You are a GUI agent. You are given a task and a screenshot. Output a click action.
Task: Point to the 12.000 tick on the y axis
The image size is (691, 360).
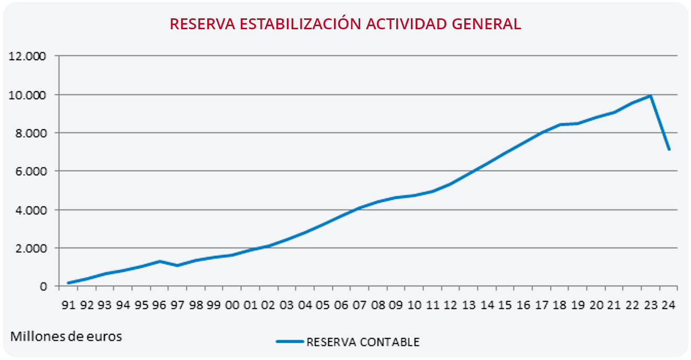[x=28, y=56]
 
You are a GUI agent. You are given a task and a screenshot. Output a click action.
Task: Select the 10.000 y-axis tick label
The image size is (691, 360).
[x=28, y=95]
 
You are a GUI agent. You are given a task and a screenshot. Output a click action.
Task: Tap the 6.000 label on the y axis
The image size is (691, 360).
[x=30, y=171]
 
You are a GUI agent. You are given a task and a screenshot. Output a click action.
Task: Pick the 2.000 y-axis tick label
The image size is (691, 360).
[x=30, y=248]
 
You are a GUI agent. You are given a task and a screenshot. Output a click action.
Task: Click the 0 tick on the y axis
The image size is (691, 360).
[x=43, y=286]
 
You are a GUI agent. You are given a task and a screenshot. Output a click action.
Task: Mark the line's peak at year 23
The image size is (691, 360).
[x=650, y=96]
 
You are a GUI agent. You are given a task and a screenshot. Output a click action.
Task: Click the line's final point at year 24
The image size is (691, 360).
[x=668, y=150]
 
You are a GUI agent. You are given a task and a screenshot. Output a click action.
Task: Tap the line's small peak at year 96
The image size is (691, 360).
[x=160, y=261]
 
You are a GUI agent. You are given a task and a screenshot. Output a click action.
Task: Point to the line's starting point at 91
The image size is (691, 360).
[x=69, y=283]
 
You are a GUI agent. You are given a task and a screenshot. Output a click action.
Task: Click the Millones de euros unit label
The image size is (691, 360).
[x=66, y=336]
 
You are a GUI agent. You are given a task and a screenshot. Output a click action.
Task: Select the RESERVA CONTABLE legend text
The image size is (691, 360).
[x=363, y=342]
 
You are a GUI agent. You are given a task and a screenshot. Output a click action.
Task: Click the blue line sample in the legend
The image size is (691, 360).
[x=289, y=342]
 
